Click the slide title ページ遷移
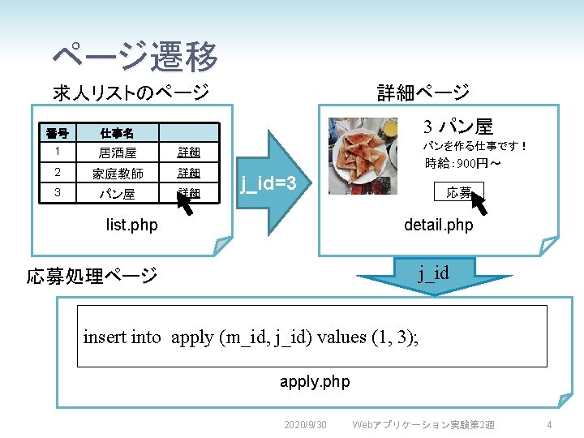pos(135,57)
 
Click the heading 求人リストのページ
pos(131,92)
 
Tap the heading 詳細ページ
pos(423,92)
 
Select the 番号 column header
pos(57,133)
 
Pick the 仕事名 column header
pos(117,133)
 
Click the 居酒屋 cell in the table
pos(117,152)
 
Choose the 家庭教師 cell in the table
pos(117,174)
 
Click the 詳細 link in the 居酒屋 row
pos(189,152)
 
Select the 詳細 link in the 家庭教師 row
pos(189,174)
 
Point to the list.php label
pos(131,223)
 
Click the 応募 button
pos(458,193)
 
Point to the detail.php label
pos(439,225)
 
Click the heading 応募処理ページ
pos(92,276)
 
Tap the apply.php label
pos(315,381)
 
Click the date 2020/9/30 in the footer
pos(305,425)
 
